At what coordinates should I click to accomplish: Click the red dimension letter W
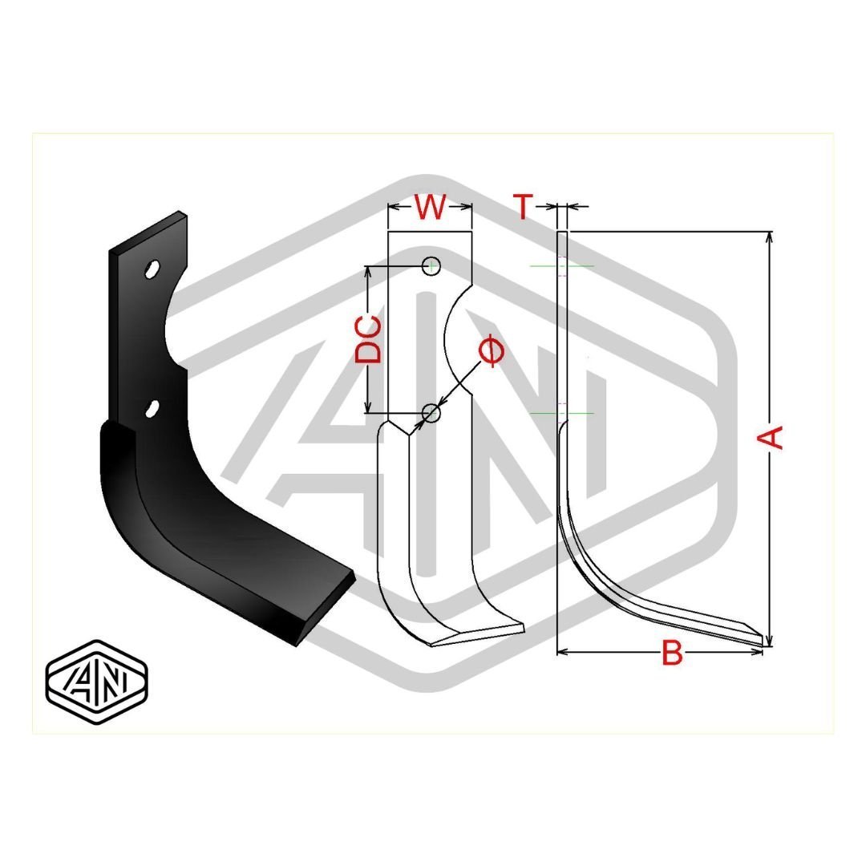(430, 208)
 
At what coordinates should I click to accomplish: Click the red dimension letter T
(523, 207)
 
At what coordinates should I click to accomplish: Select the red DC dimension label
(368, 339)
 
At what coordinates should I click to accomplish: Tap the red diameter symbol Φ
(491, 351)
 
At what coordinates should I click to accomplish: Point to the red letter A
(771, 437)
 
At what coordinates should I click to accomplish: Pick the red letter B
(672, 654)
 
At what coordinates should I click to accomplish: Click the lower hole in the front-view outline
(431, 413)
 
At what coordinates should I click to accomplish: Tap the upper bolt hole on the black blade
(151, 269)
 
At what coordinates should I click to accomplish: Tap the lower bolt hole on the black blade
(151, 408)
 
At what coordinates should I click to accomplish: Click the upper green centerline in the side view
(562, 265)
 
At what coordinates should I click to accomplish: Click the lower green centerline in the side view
(562, 413)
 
